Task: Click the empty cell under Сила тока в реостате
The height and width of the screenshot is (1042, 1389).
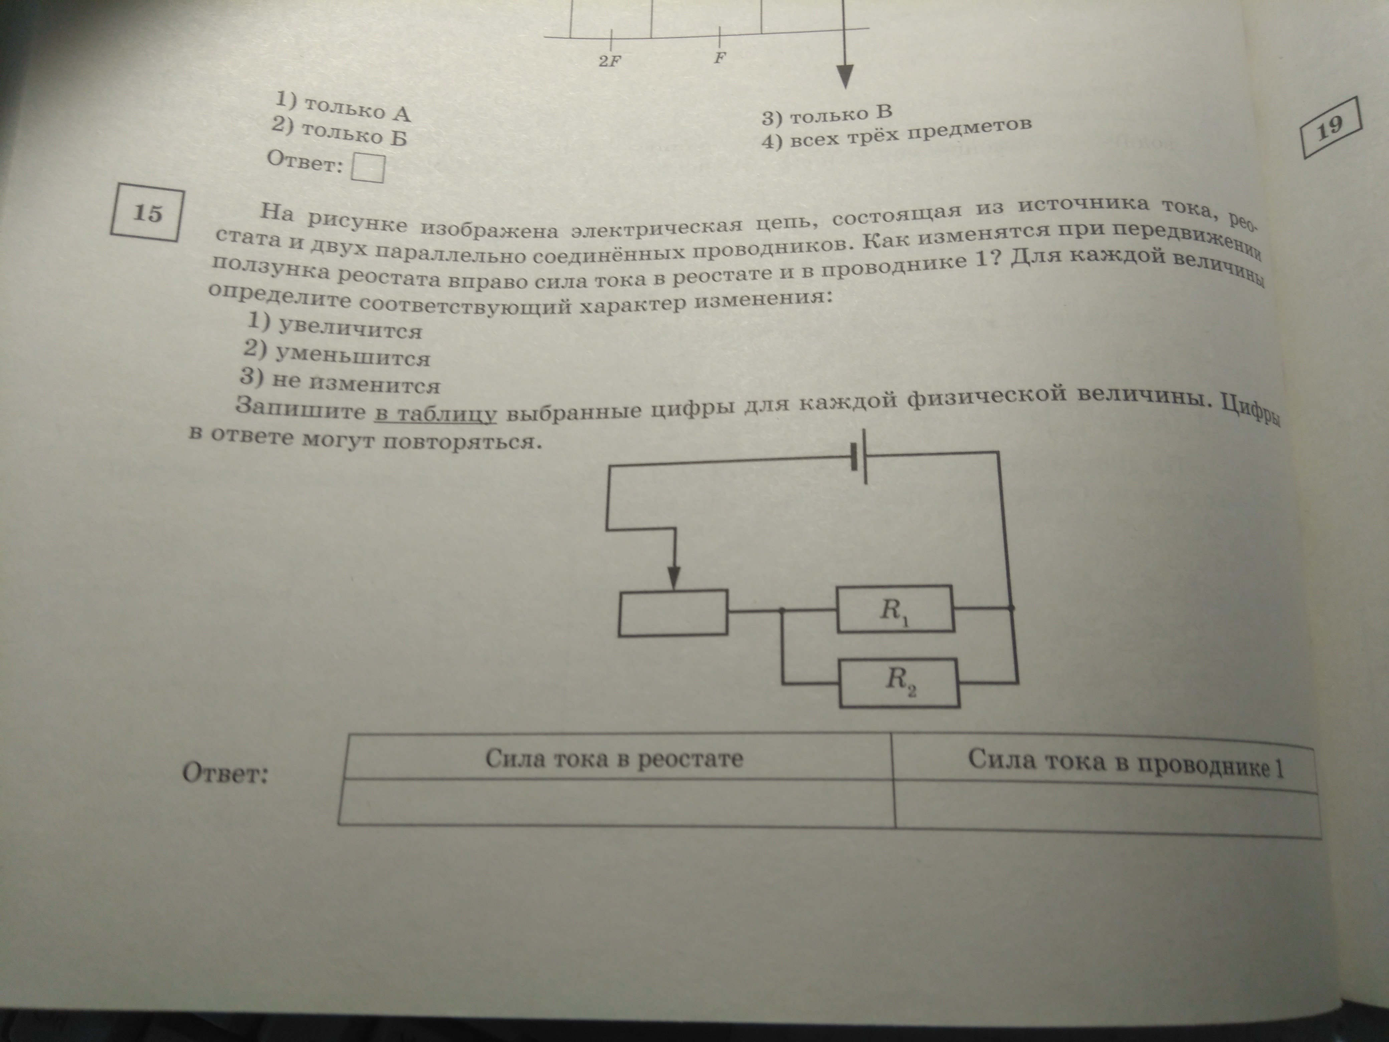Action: tap(615, 802)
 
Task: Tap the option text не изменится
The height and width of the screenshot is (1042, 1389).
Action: tap(355, 382)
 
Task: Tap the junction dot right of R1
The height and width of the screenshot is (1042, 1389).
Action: tap(1010, 608)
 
